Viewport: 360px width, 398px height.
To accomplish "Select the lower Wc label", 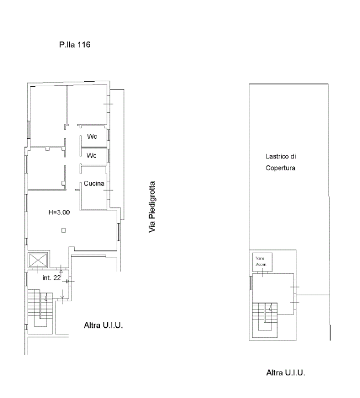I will (92, 155).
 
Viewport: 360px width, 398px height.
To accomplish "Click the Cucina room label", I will (94, 184).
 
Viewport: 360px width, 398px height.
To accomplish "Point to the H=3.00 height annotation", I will (60, 212).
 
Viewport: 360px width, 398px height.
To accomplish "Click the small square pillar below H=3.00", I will (64, 231).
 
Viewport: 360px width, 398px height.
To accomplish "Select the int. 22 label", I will (51, 277).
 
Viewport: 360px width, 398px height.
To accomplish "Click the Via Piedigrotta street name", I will (152, 207).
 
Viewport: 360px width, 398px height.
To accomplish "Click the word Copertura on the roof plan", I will (281, 168).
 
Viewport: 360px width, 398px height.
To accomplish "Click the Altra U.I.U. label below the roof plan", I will (285, 373).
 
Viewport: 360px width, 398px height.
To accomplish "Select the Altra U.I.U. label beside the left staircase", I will (103, 325).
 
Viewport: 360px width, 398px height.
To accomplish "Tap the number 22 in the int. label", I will (56, 277).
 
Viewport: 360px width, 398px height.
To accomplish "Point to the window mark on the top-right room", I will (109, 104).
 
